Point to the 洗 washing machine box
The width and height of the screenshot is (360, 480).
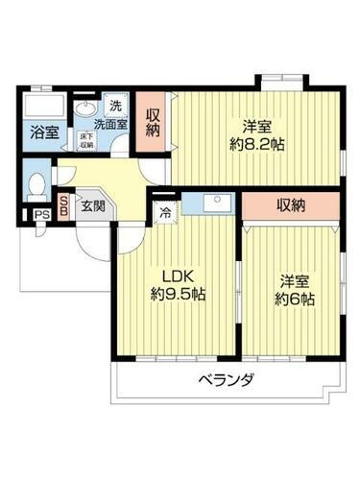[115, 105]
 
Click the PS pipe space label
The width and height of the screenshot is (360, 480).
[40, 216]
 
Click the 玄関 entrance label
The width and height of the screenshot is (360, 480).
[93, 204]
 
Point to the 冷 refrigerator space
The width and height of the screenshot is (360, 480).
[165, 213]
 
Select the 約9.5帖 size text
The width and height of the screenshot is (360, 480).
[176, 295]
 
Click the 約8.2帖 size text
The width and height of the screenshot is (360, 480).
[254, 145]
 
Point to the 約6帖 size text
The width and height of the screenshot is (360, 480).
[293, 298]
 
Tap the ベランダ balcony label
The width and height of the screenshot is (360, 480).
[227, 380]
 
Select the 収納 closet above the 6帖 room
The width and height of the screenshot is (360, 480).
[292, 204]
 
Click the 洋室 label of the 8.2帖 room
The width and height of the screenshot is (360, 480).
[254, 126]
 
